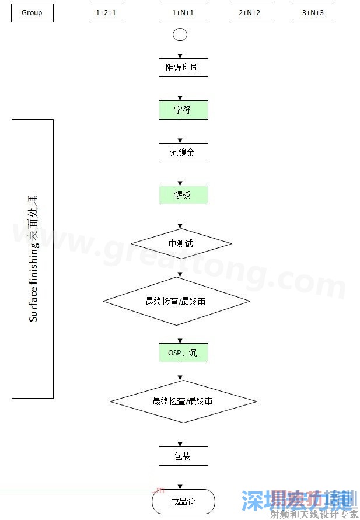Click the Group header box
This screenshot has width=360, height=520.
pos(32,13)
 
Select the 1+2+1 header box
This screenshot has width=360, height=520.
pos(106,13)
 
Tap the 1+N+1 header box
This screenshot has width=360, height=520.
pos(183,13)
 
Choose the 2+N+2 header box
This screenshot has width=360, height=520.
pos(250,13)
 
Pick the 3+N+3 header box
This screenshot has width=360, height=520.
pos(313,13)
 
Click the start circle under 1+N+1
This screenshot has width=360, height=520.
pos(180,34)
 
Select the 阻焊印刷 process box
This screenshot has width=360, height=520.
pos(183,68)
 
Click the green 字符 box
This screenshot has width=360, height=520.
pos(183,110)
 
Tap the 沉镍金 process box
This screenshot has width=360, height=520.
pos(183,153)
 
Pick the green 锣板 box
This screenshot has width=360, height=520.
pos(183,196)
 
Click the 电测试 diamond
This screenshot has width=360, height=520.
pos(181,243)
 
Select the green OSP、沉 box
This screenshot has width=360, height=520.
pos(183,353)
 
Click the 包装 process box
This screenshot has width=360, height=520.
pos(183,456)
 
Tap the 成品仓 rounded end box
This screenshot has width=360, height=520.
pos(183,501)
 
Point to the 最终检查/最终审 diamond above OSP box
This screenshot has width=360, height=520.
pos(177,301)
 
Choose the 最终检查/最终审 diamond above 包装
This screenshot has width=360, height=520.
pos(183,402)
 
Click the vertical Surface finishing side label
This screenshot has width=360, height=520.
pos(33,259)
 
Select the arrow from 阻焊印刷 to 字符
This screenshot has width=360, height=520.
pos(180,89)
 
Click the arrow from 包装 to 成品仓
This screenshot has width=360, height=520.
pos(180,477)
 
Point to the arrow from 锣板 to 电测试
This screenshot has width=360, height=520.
pos(180,216)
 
